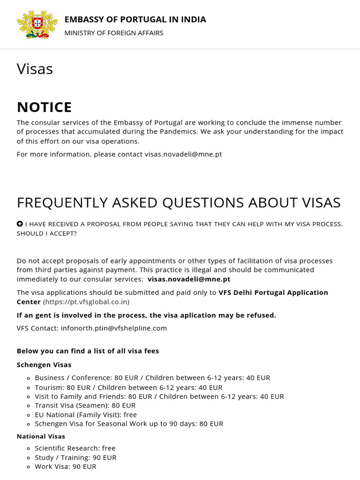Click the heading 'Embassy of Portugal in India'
(x=135, y=19)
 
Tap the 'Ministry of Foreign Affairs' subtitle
(x=113, y=33)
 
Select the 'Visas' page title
(x=35, y=69)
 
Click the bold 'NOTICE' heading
(x=44, y=107)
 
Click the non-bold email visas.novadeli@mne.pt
(x=183, y=154)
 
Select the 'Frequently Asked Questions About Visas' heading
(x=179, y=202)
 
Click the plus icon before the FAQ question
(x=20, y=224)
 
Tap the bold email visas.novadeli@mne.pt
(x=189, y=279)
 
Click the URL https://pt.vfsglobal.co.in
(x=86, y=302)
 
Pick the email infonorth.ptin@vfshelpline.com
(x=114, y=328)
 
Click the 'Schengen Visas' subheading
(x=44, y=365)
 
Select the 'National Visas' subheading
(x=41, y=436)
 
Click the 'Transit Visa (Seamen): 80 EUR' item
(x=85, y=405)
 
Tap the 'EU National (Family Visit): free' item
(x=86, y=415)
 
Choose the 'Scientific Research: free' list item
(x=75, y=448)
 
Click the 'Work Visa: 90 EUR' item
(x=65, y=466)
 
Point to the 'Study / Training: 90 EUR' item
(x=75, y=457)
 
